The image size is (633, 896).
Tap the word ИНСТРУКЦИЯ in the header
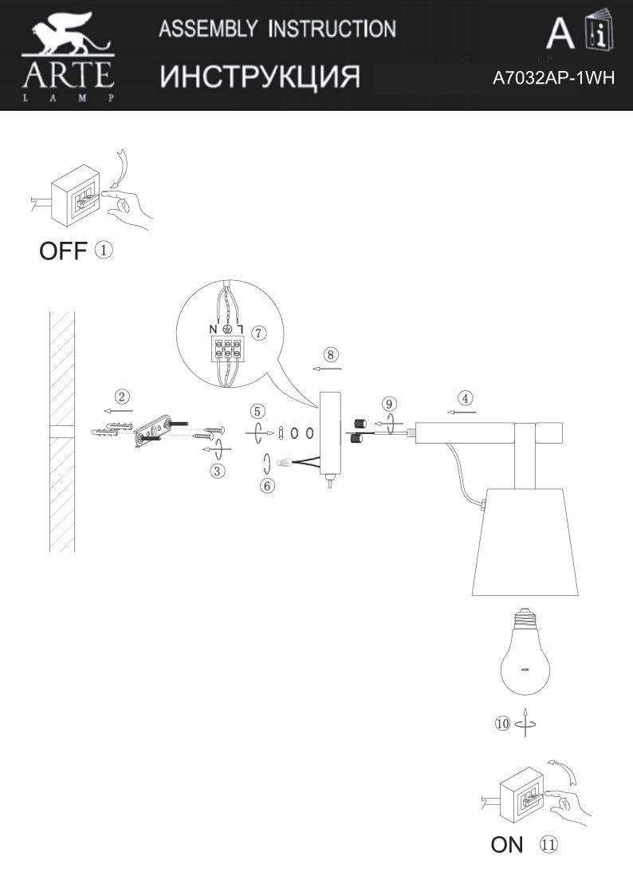point(260,77)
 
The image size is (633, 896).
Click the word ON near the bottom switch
point(507,845)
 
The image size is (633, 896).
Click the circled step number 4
point(465,397)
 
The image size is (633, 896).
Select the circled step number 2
point(122,397)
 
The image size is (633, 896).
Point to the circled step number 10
point(502,724)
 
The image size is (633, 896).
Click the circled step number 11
point(548,844)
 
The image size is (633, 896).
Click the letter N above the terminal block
point(213,329)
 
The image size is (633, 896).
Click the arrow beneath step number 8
point(327,369)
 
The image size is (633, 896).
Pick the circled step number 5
point(257,412)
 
